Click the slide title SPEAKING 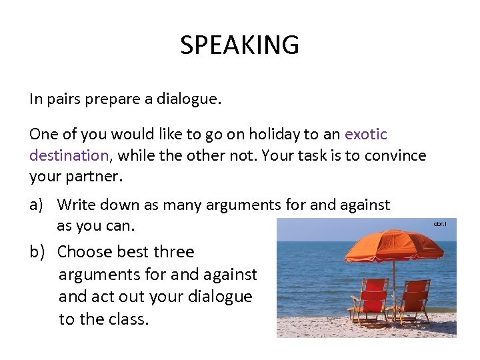[x=239, y=45]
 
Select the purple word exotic [x=366, y=134]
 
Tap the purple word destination [x=69, y=156]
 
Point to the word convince [x=395, y=156]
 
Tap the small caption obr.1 [x=440, y=224]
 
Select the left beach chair [x=370, y=299]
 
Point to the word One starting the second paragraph [x=43, y=134]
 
